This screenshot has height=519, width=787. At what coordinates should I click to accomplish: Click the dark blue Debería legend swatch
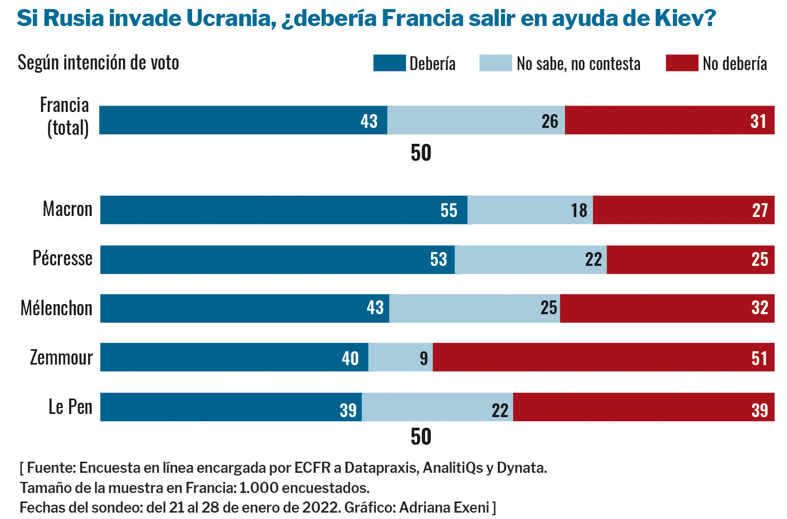pyautogui.click(x=389, y=63)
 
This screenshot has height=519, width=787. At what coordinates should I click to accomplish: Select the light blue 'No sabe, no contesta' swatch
pyautogui.click(x=495, y=63)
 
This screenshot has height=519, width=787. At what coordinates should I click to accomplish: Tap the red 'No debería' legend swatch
pyautogui.click(x=681, y=63)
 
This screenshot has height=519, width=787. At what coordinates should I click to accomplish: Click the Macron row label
pyautogui.click(x=67, y=209)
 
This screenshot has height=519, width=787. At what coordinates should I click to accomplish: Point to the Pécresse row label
pyautogui.click(x=62, y=258)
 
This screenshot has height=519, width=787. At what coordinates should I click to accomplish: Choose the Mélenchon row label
pyautogui.click(x=56, y=308)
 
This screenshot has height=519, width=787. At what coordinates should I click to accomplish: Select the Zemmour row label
pyautogui.click(x=61, y=358)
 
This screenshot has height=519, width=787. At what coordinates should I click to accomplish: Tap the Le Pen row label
pyautogui.click(x=70, y=407)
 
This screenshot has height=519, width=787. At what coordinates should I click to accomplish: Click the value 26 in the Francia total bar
pyautogui.click(x=550, y=122)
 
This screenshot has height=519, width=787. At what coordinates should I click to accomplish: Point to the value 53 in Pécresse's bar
pyautogui.click(x=438, y=259)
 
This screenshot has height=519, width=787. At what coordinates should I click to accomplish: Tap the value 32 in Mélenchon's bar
pyautogui.click(x=760, y=308)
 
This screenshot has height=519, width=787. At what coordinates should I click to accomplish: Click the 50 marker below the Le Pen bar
pyautogui.click(x=421, y=437)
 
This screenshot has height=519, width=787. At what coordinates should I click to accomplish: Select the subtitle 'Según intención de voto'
pyautogui.click(x=98, y=63)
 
